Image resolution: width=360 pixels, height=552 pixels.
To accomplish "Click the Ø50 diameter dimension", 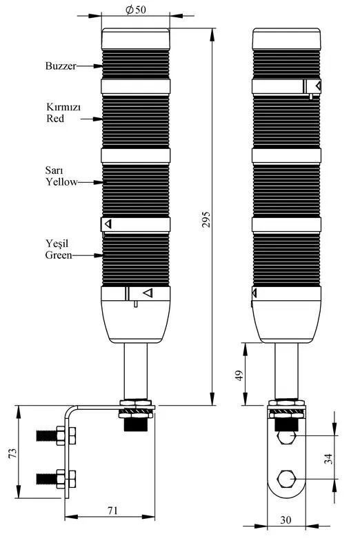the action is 136,10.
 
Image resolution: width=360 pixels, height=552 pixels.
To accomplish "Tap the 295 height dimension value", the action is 206,219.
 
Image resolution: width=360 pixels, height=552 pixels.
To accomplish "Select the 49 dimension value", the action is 239,375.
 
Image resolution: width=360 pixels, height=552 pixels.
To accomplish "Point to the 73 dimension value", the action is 12,453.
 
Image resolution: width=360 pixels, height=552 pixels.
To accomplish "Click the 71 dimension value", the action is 112,510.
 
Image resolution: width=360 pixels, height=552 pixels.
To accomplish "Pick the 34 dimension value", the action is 328,459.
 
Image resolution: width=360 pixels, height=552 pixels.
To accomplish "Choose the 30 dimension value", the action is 286,520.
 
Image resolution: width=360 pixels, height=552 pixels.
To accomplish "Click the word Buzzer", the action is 61,66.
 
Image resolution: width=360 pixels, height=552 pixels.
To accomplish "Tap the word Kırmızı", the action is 63,107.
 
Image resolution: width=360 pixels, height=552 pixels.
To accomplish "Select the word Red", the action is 55,118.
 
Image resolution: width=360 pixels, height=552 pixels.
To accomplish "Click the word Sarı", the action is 54,170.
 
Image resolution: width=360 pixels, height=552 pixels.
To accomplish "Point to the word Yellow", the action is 61,182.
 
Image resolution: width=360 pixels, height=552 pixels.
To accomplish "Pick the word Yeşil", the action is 57,244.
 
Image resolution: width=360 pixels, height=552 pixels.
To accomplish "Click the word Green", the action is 59,255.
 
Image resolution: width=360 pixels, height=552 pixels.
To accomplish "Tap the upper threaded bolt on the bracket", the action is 56,436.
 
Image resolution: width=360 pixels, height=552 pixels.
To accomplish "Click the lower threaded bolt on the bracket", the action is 56,479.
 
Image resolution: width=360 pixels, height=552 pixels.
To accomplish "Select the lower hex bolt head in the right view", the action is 286,479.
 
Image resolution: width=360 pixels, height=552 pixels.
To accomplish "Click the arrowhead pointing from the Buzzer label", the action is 98,66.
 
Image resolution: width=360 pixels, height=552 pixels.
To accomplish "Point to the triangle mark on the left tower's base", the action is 148,293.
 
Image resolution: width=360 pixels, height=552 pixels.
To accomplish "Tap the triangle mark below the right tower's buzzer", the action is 318,86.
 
